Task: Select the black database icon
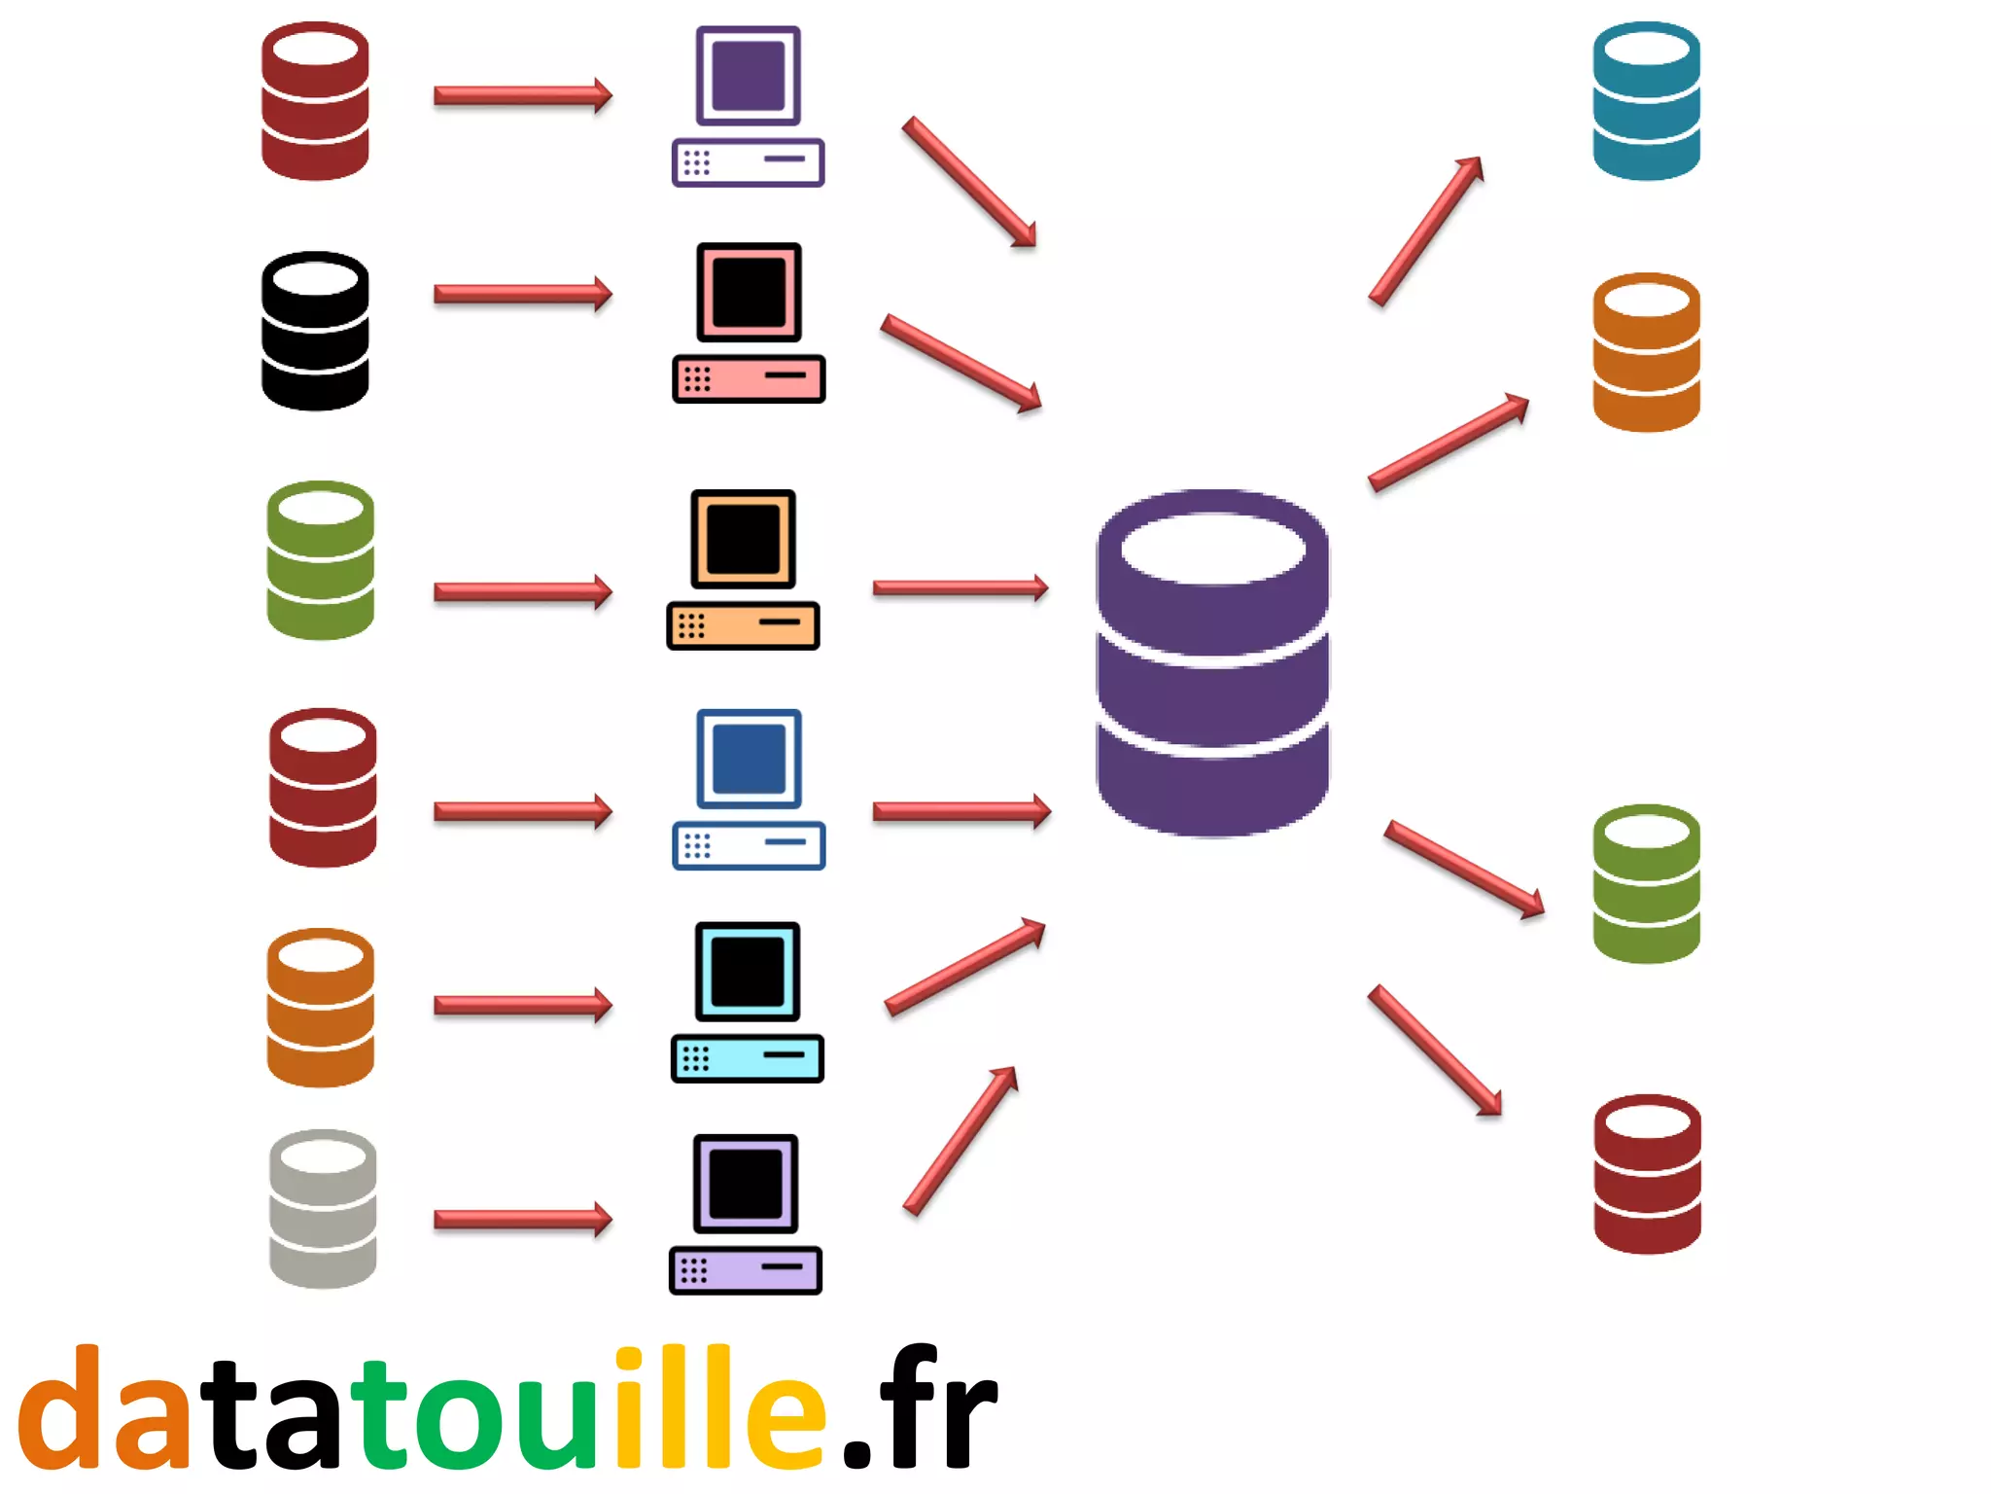coord(315,331)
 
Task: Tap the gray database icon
coord(322,1209)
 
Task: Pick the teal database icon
coord(1646,101)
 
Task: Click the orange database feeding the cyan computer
coord(320,1008)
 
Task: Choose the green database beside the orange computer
coord(320,560)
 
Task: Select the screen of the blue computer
coord(749,759)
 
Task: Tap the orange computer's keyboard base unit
coord(743,625)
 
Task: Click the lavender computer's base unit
coord(745,1270)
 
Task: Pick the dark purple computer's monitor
coord(748,76)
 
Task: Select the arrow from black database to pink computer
coord(522,294)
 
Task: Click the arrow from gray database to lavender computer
coord(522,1219)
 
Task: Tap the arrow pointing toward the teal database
coord(1426,231)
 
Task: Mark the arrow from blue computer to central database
coord(961,811)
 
